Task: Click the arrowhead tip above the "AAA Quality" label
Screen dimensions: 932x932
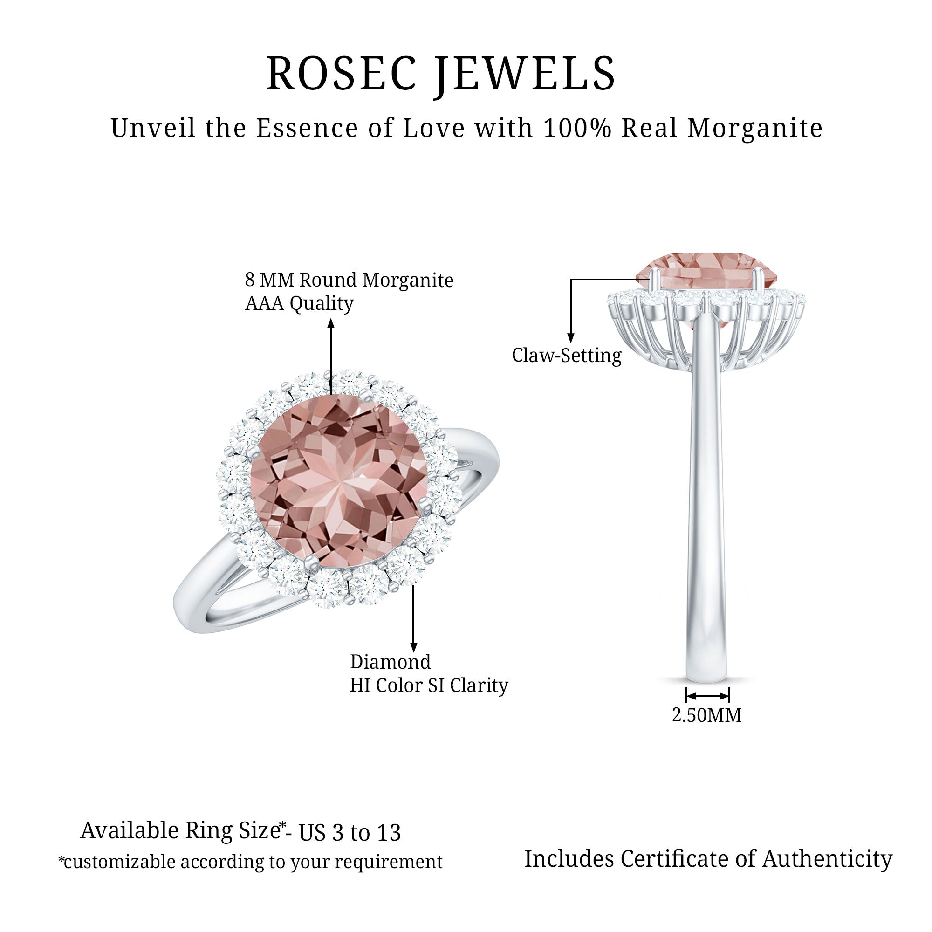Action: [331, 319]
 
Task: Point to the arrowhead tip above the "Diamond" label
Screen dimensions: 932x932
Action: [413, 652]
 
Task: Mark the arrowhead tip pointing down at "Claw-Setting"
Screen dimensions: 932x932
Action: [571, 343]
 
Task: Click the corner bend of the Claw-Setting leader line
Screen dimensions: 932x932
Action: [571, 279]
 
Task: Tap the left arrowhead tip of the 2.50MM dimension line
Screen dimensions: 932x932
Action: [686, 696]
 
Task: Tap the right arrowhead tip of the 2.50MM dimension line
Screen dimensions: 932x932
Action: [728, 696]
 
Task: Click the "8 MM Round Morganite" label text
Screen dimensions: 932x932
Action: [349, 280]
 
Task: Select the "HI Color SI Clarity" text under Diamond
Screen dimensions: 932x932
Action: [429, 685]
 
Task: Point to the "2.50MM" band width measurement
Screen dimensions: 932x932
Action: [707, 715]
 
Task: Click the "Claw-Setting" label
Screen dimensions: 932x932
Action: [567, 356]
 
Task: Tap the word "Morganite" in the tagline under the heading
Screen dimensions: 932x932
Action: [755, 128]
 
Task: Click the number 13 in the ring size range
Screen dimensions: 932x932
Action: [388, 833]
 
